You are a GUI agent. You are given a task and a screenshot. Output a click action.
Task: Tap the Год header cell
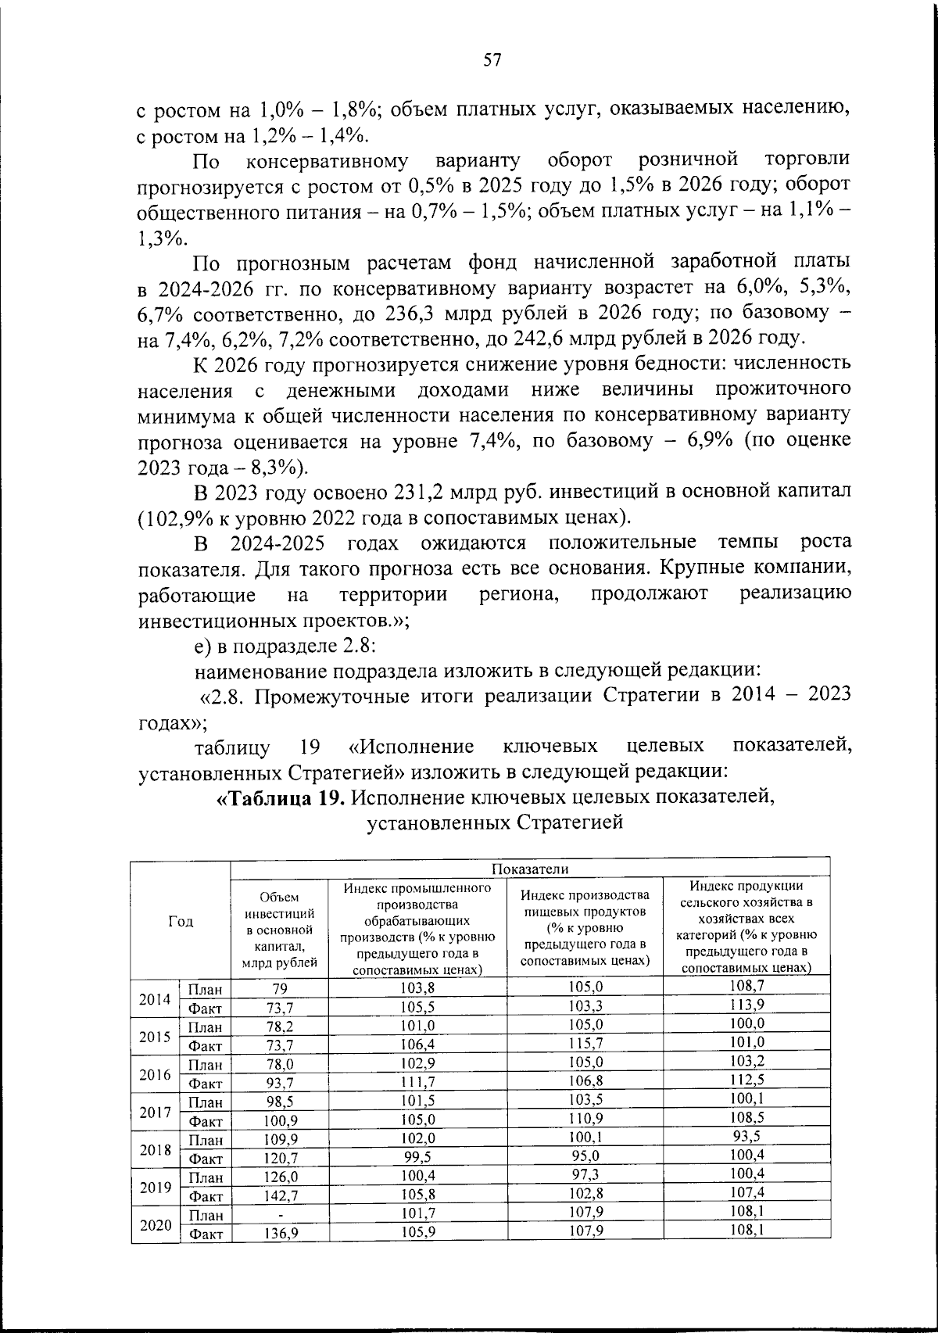[181, 921]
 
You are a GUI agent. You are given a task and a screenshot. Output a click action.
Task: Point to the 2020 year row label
[155, 1224]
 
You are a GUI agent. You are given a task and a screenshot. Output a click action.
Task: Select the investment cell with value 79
[279, 989]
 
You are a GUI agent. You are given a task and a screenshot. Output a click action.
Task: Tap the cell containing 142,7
[279, 1196]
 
